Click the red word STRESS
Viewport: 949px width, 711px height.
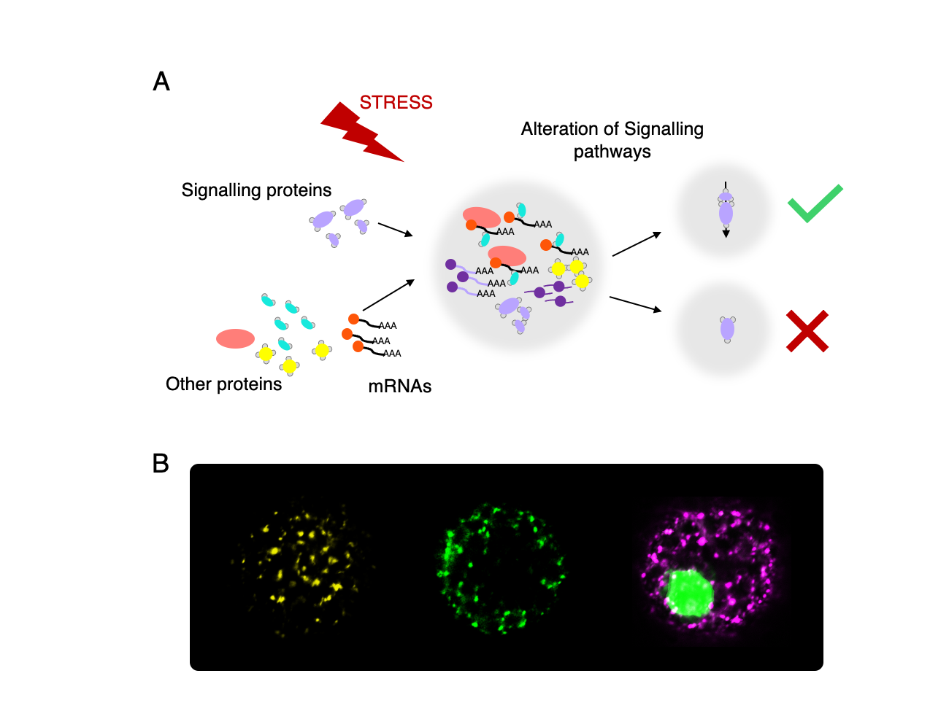click(x=396, y=102)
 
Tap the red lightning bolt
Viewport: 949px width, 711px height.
click(x=361, y=133)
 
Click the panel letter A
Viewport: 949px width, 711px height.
click(x=161, y=81)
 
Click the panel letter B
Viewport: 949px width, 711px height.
click(x=161, y=463)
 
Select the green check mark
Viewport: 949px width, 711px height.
click(x=815, y=203)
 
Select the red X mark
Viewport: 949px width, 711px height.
click(x=807, y=331)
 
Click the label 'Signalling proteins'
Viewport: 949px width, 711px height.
click(x=256, y=190)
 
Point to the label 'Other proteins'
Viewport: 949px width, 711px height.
click(x=223, y=384)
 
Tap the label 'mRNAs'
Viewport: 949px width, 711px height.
click(x=399, y=386)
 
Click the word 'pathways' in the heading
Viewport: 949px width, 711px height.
click(x=612, y=152)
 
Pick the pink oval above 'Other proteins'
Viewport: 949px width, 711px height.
click(x=235, y=338)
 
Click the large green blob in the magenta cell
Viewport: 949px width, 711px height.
click(x=690, y=592)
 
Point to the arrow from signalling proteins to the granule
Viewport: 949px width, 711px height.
click(x=395, y=230)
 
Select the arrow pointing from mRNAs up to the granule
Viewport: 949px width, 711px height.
click(x=388, y=295)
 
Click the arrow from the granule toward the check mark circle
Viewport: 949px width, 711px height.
click(x=637, y=244)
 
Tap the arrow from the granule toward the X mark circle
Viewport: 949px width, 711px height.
click(x=635, y=304)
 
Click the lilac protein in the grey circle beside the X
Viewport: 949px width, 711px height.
click(x=727, y=330)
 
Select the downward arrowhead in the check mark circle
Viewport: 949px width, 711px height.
click(x=726, y=233)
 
